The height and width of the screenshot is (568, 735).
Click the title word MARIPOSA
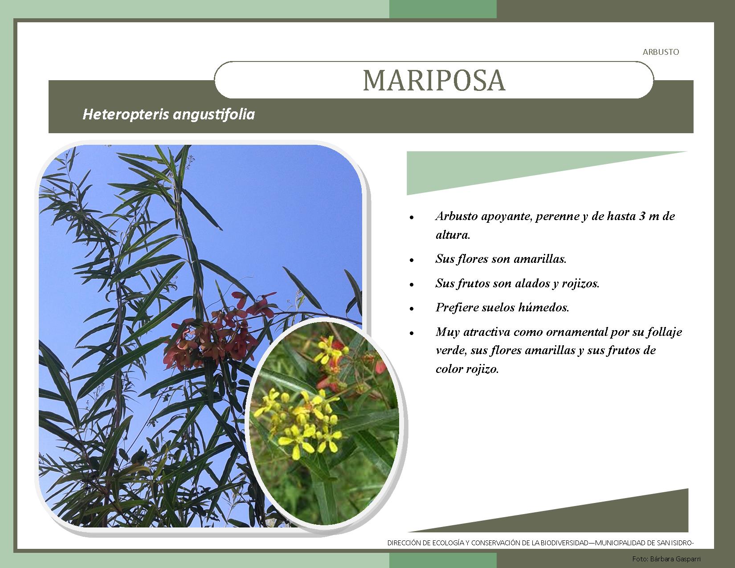pos(434,80)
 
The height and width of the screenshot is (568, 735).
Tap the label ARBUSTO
pos(661,52)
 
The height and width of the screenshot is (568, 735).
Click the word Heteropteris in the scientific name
pos(126,114)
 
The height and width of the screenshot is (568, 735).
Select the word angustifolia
pos(214,115)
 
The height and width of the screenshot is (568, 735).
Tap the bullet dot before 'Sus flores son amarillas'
pos(412,260)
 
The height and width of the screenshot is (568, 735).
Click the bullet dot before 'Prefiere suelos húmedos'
pos(412,309)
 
